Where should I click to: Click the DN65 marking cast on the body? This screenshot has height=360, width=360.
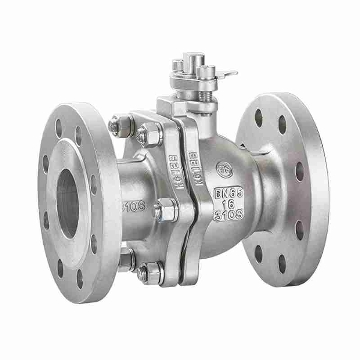coord(230,194)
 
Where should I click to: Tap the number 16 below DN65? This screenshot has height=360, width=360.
coord(229,203)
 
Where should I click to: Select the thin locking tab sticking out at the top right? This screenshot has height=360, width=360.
coord(228,73)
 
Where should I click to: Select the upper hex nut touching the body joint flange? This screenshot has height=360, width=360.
coord(146,133)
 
